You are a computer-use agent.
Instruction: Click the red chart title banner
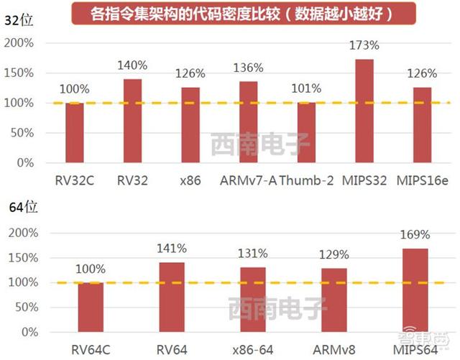237,13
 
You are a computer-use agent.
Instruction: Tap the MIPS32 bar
364,111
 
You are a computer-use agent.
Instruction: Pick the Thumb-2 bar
306,132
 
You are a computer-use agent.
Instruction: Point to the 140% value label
133,65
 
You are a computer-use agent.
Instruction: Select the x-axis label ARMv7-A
248,180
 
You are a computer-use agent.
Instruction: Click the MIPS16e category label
424,180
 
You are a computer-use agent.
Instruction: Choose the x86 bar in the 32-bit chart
190,125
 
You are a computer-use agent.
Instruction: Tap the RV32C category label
74,180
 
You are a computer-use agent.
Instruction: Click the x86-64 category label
253,350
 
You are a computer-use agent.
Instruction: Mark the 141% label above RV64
172,249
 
